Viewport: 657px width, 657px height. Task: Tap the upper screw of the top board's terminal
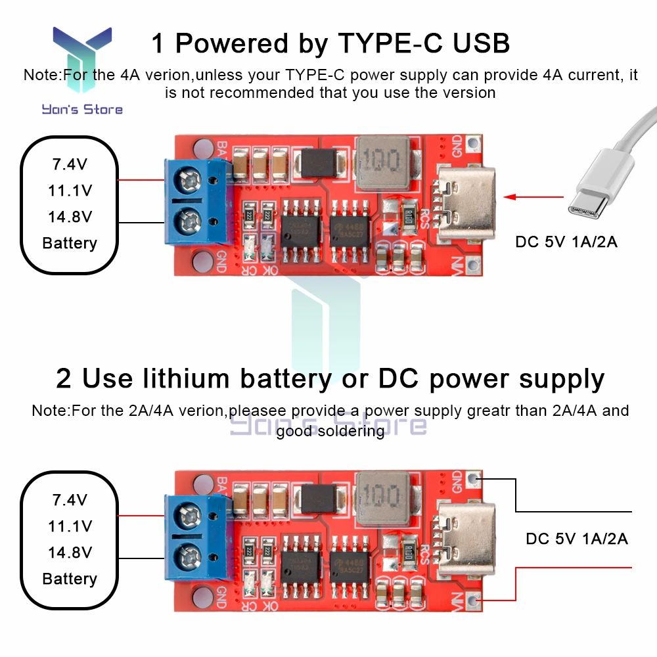(189, 178)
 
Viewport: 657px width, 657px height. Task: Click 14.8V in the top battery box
(70, 217)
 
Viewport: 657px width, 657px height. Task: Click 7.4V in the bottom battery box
(70, 500)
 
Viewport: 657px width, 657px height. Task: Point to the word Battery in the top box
(70, 243)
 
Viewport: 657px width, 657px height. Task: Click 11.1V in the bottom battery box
(70, 526)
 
